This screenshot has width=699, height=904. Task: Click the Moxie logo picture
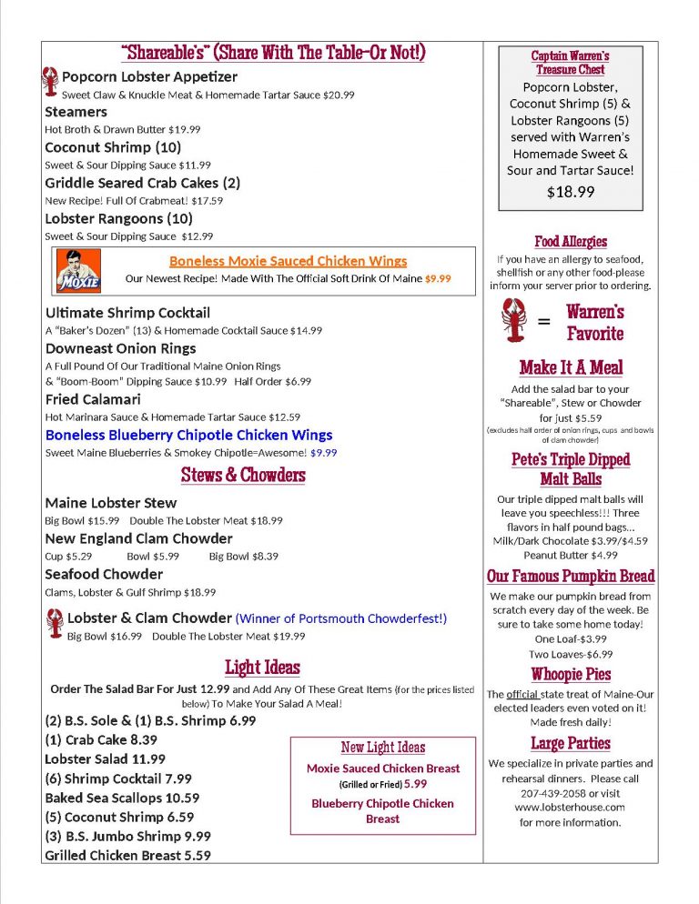point(78,270)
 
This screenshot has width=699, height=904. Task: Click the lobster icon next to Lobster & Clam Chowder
point(54,624)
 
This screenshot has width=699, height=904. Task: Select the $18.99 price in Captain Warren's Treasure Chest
point(571,192)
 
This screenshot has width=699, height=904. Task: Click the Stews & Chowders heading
point(243,475)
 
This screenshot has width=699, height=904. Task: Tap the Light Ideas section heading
point(262,668)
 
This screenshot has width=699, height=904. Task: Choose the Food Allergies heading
point(571,241)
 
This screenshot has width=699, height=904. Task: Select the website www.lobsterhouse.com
point(570,807)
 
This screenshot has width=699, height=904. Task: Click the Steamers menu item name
point(76,112)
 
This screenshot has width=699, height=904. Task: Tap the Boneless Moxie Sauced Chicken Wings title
point(288,261)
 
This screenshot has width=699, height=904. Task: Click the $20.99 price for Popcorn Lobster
point(333,95)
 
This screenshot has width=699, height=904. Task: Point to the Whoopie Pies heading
point(571,674)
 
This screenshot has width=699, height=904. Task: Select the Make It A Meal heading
point(571,367)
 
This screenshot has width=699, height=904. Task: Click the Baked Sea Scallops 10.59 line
point(122,798)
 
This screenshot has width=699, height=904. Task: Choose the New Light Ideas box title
point(382,747)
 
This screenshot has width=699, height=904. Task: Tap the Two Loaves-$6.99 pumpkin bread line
point(571,654)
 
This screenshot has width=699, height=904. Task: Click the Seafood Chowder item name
point(104,574)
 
